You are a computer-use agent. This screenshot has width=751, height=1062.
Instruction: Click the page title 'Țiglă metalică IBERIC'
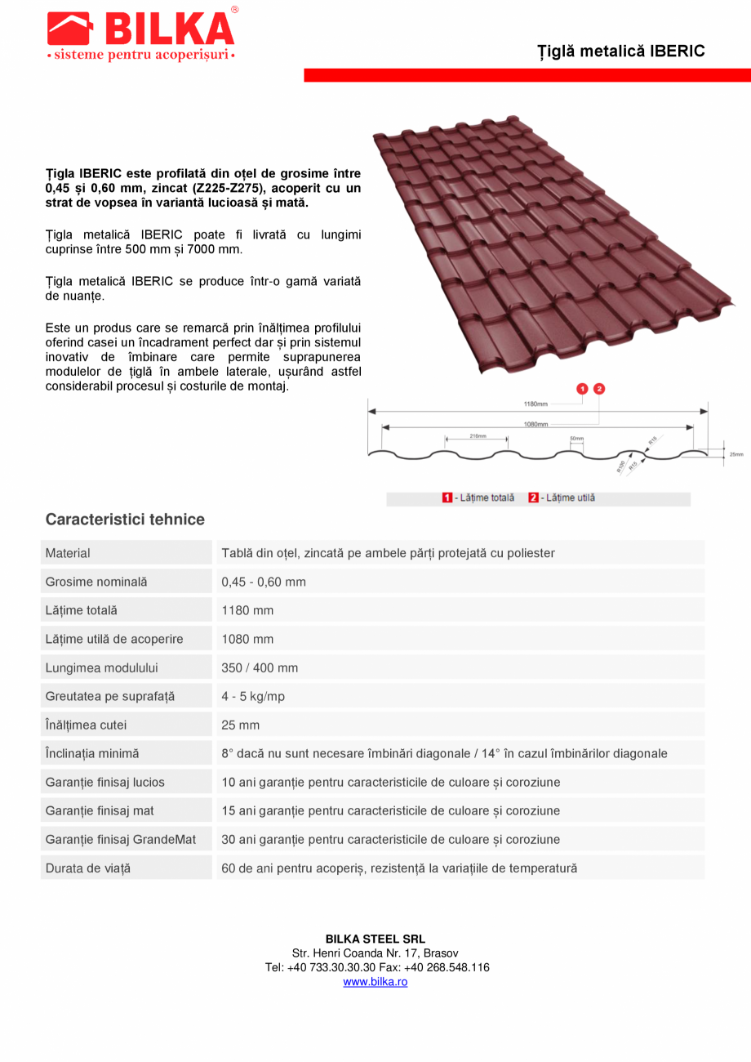620,51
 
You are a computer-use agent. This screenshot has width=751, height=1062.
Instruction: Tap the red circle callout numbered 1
582,389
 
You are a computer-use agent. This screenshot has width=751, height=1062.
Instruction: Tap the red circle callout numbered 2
599,389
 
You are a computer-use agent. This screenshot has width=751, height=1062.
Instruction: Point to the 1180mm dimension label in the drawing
535,404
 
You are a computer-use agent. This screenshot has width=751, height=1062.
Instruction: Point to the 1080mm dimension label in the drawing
535,425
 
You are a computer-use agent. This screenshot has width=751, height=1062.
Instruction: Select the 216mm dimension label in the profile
478,436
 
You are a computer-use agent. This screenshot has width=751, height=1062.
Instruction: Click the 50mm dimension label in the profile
576,439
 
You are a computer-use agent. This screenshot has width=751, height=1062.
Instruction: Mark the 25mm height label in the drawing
736,454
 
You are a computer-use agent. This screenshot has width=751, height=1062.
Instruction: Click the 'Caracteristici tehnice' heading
125,520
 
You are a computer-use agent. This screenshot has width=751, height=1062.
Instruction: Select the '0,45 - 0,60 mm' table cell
264,582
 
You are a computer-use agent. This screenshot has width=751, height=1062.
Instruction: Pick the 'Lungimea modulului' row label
102,667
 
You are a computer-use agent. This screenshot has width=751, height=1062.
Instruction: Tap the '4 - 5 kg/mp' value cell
253,696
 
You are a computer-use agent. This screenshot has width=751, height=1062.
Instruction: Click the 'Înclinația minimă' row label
92,753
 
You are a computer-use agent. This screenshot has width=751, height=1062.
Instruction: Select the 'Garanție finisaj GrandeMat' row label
121,839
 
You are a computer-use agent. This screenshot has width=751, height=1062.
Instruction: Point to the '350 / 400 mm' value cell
260,667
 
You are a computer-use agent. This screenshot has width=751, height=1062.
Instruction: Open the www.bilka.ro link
375,982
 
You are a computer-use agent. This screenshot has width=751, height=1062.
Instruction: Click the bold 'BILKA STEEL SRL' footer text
375,939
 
